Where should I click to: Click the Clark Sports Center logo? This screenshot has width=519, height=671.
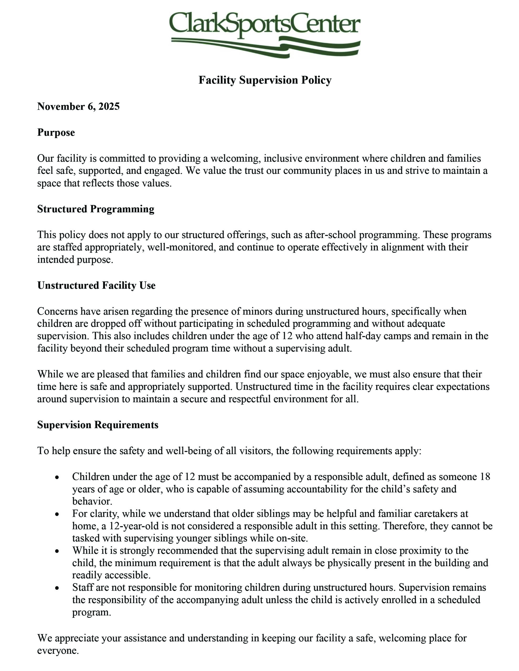(264, 34)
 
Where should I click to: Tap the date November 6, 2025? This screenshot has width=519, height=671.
(78, 106)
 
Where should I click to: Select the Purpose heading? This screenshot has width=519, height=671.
(56, 132)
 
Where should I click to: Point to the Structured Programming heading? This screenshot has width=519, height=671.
(96, 209)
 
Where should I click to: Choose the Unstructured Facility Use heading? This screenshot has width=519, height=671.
(96, 285)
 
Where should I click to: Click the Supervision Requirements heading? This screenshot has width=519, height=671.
(98, 425)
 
